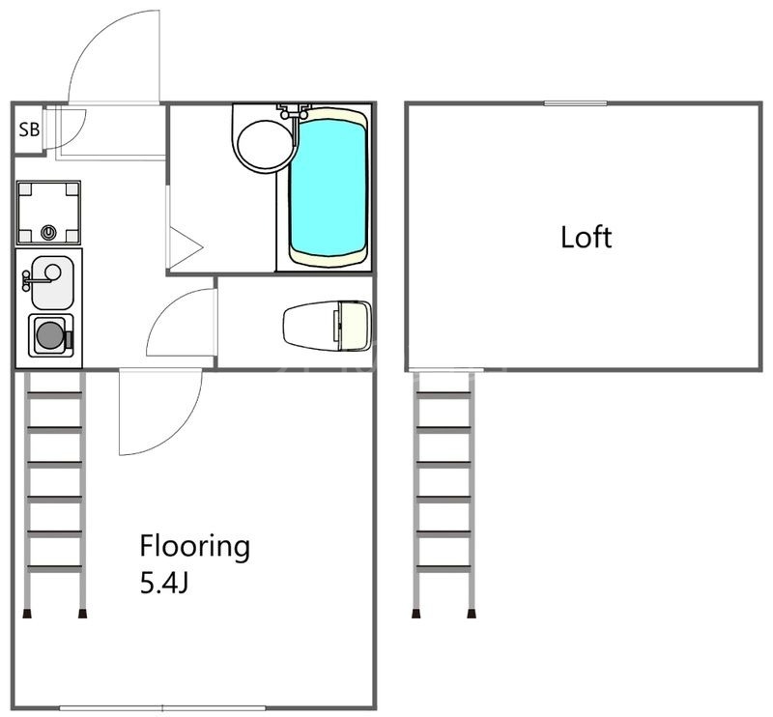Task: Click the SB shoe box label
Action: [x=29, y=129]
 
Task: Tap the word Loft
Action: [x=587, y=237]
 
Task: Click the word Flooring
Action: [x=195, y=547]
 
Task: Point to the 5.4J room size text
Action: [x=164, y=585]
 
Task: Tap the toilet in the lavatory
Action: [x=328, y=326]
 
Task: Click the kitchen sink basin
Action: [x=52, y=282]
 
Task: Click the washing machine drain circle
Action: [x=47, y=232]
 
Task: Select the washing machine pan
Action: [x=48, y=213]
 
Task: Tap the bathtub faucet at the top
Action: [x=294, y=111]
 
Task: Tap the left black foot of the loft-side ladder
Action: [x=416, y=614]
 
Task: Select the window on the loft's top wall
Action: [x=575, y=103]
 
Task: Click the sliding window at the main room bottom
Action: [x=162, y=708]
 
